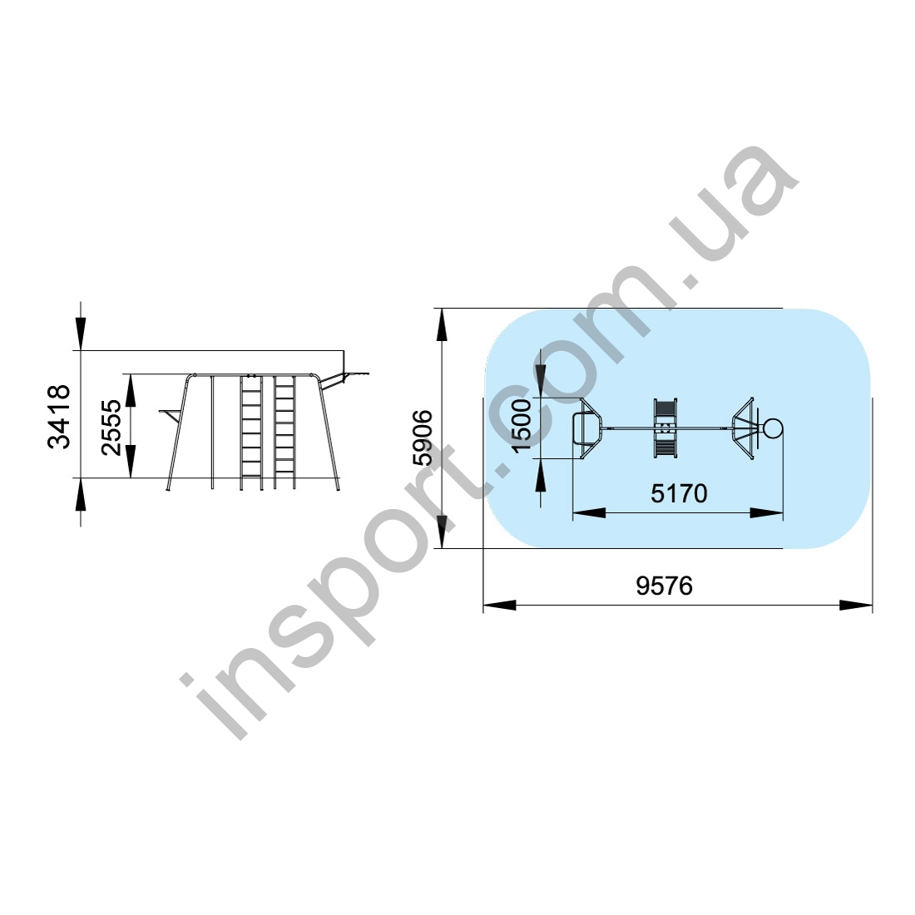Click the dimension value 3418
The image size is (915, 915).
(x=58, y=417)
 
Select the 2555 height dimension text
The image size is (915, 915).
(x=111, y=428)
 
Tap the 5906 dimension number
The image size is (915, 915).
(x=423, y=437)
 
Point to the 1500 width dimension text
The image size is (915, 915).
(x=521, y=425)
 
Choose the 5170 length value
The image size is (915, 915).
(x=679, y=493)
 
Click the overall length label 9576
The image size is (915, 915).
(x=664, y=586)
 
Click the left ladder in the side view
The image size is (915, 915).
(x=251, y=432)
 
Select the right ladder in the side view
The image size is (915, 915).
(x=284, y=432)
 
